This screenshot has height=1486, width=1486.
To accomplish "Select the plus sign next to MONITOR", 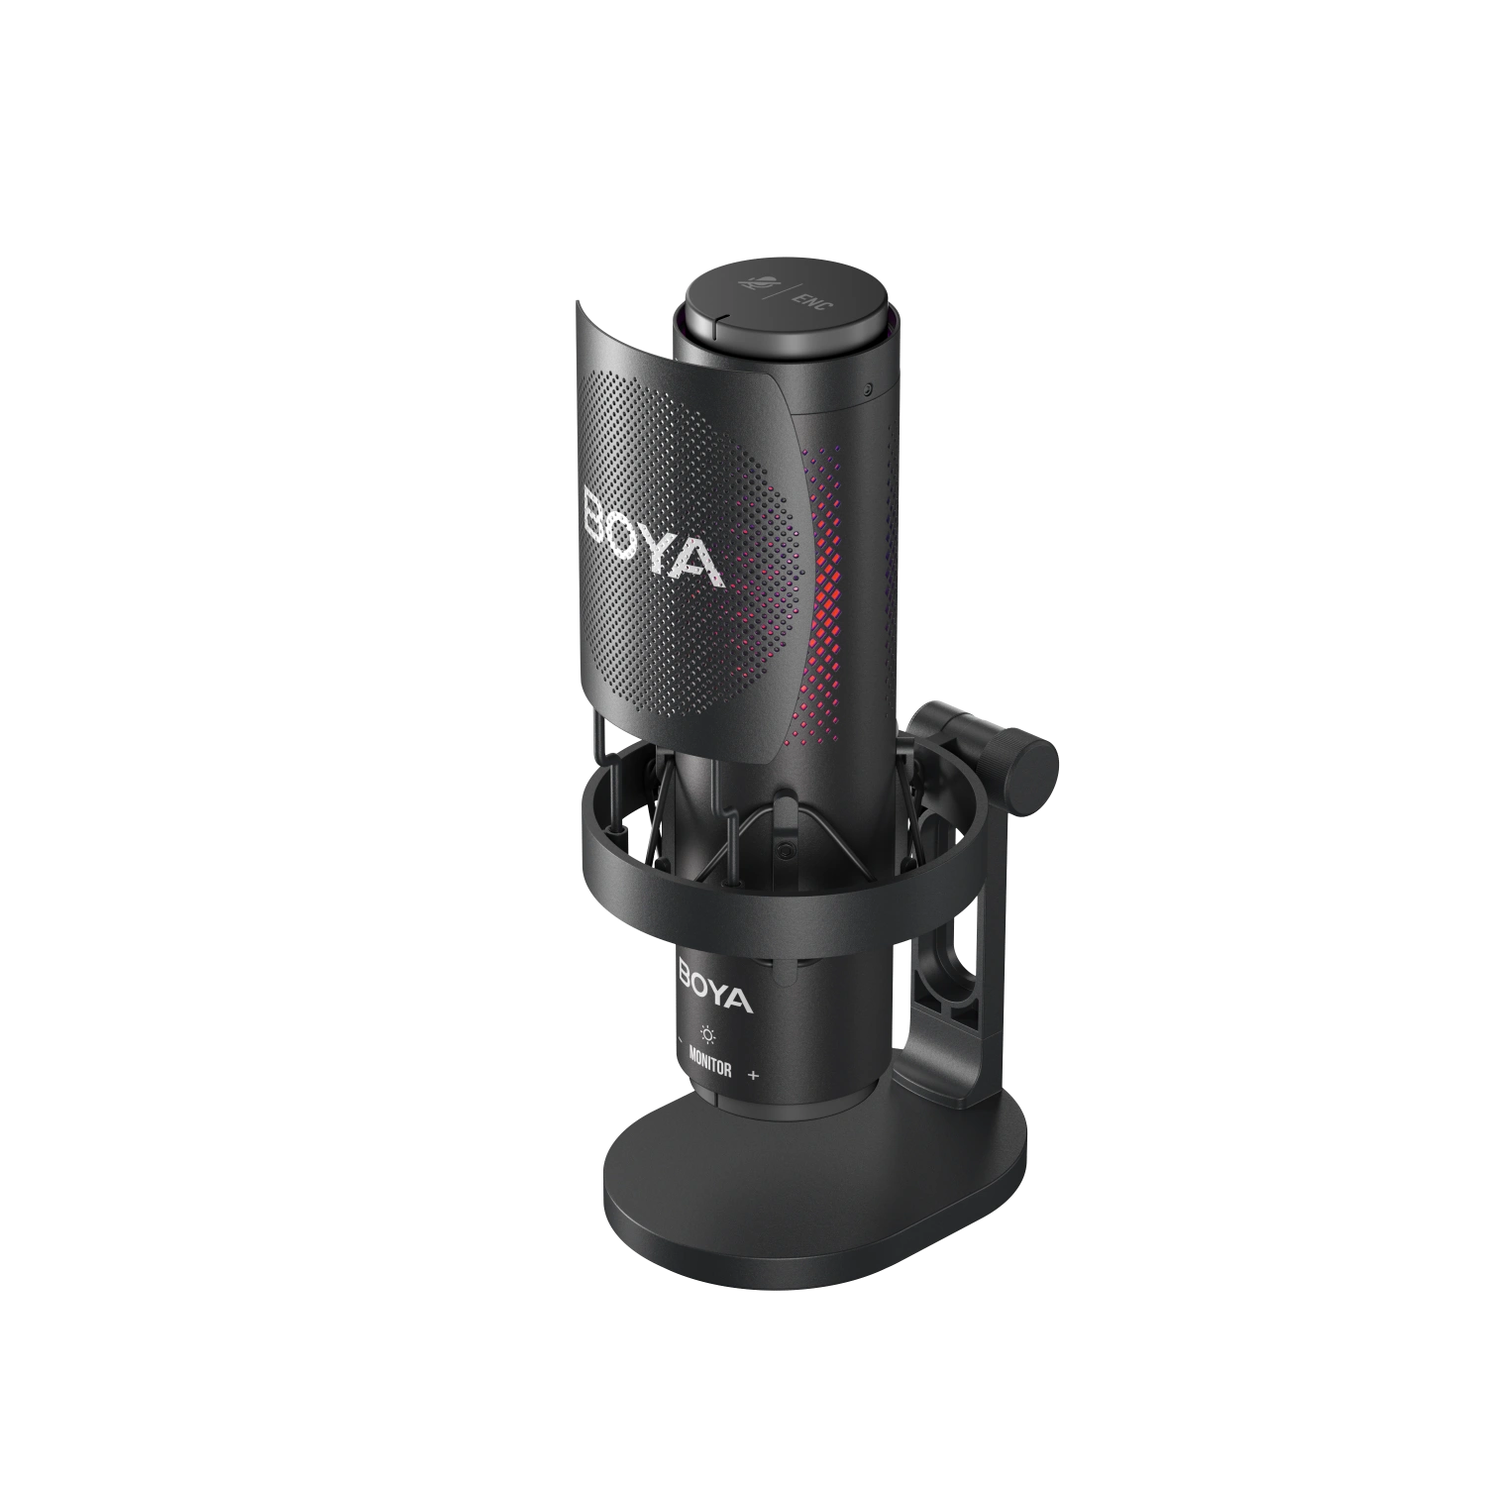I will pos(755,1075).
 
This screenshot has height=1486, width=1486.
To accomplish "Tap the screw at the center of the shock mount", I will pos(784,851).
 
